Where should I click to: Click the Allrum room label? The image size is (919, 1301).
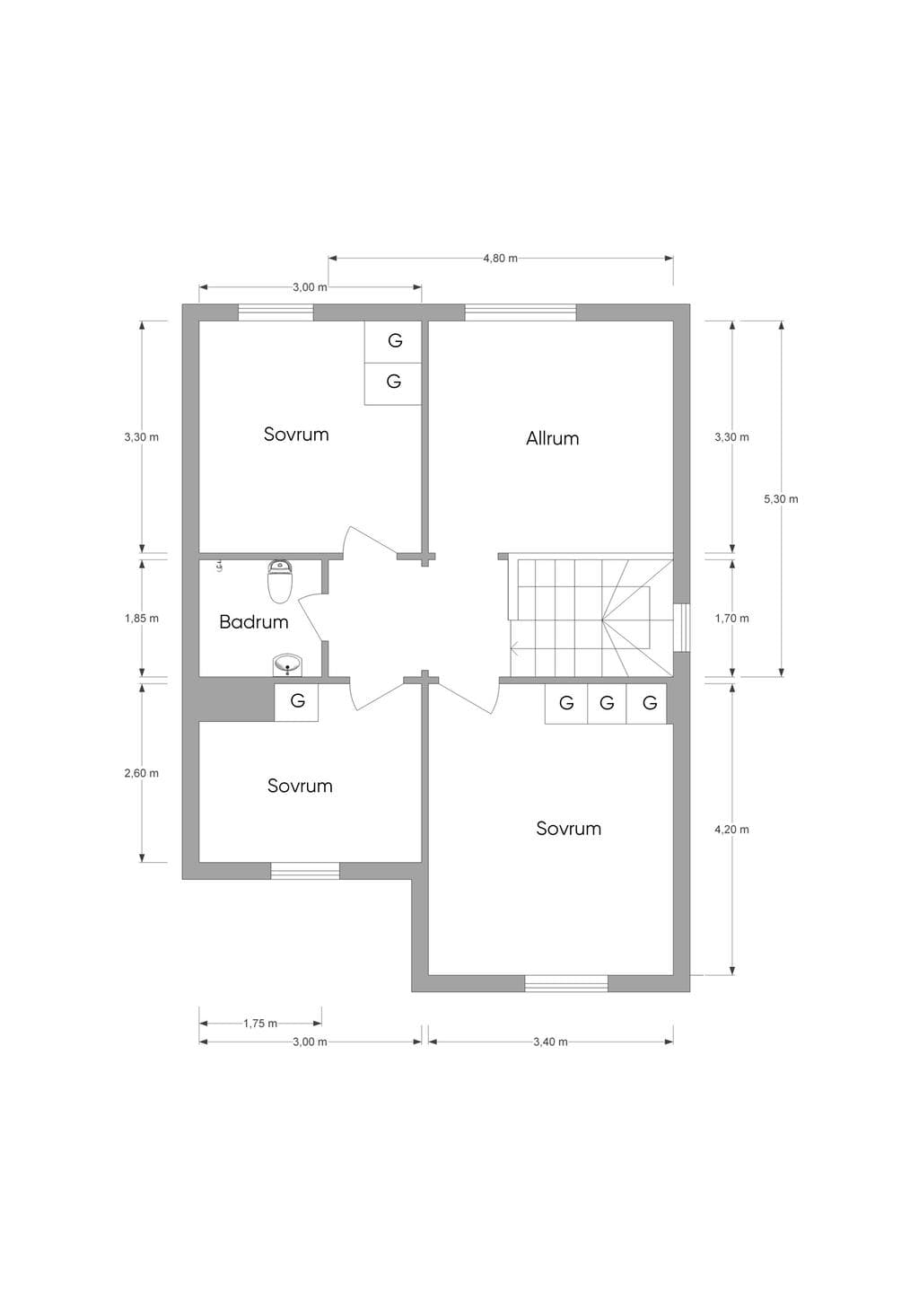tap(552, 438)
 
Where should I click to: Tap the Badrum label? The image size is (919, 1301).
tap(254, 622)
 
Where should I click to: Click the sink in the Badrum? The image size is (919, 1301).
tap(287, 664)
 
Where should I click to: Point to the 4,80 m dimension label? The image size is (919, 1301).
tap(501, 259)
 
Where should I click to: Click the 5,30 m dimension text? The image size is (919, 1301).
tap(781, 499)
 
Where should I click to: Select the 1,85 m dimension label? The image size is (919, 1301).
tap(142, 619)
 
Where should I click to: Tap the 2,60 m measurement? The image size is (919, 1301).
tap(142, 773)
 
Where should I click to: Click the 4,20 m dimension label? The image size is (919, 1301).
tap(731, 830)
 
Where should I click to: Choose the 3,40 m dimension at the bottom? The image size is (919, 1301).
tap(550, 1042)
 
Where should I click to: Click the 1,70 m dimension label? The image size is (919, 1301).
tap(731, 619)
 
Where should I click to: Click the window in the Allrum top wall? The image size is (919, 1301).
tap(521, 312)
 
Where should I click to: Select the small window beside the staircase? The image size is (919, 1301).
tap(681, 628)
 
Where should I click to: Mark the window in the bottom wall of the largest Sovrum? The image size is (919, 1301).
tap(566, 983)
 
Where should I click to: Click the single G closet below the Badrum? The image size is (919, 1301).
tap(296, 702)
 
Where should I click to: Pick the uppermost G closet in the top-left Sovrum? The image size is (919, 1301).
tap(393, 341)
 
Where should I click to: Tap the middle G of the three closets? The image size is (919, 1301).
tap(607, 703)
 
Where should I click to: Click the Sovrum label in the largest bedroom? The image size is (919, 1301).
tap(568, 828)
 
